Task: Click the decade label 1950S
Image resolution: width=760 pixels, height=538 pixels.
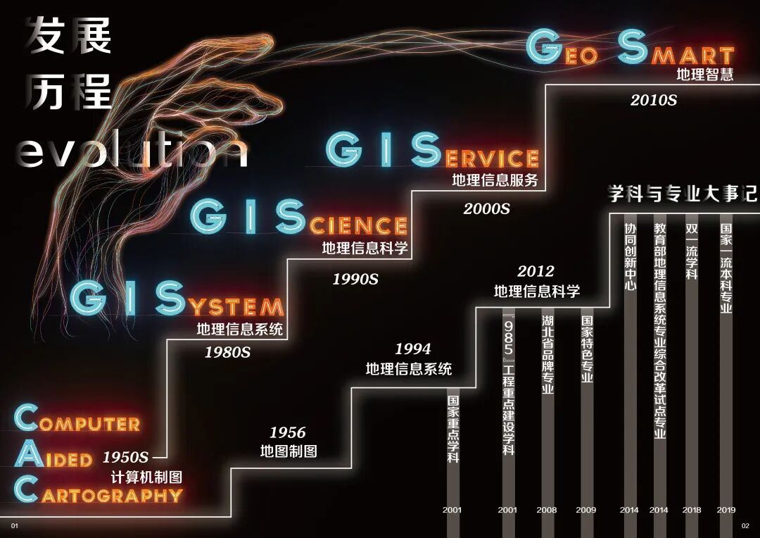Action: tap(126, 457)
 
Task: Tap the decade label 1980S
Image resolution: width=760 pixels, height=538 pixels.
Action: tap(227, 352)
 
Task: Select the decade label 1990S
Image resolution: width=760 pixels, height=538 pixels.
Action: tap(355, 280)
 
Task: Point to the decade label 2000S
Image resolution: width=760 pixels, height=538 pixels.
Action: tap(486, 208)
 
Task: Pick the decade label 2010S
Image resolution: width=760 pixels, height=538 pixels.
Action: tap(653, 100)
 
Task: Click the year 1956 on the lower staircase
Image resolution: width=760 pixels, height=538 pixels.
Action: tap(288, 432)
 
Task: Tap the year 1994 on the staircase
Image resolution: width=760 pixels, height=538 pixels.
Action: tap(412, 349)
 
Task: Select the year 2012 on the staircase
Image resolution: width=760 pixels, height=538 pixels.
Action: tap(536, 271)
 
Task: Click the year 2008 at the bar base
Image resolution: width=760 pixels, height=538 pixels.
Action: tap(547, 510)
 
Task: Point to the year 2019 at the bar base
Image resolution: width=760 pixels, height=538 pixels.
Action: tap(726, 510)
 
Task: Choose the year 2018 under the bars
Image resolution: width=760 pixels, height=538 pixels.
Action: tap(691, 510)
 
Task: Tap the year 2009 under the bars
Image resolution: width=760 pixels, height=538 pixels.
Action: tap(585, 510)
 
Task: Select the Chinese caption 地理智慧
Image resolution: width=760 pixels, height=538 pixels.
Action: tap(704, 74)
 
